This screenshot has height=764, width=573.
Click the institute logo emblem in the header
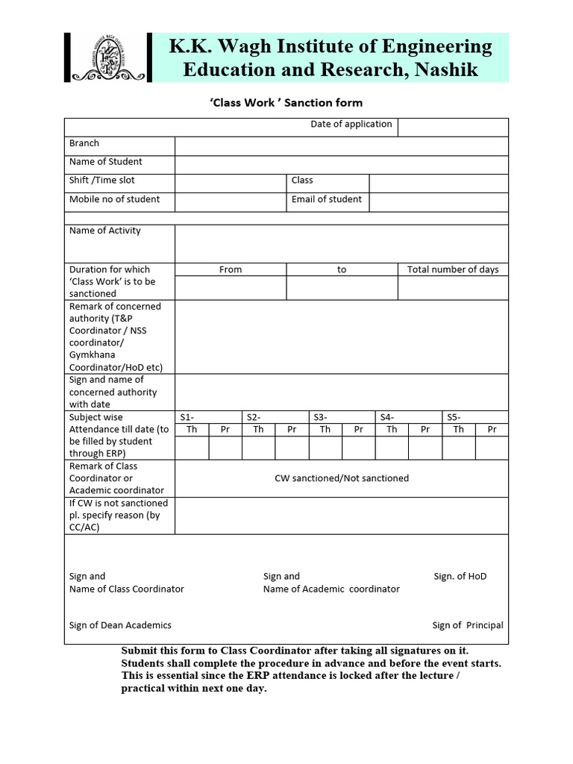(108, 57)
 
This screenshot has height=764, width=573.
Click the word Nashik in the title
(446, 70)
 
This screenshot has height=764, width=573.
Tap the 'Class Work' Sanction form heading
(286, 102)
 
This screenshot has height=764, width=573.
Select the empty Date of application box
(453, 127)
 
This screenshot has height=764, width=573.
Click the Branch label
(84, 143)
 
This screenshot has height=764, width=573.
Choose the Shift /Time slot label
(102, 181)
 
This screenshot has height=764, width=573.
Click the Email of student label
(327, 199)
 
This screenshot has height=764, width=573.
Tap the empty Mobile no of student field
(231, 201)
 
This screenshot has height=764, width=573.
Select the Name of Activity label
(105, 231)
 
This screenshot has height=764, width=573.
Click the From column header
(231, 269)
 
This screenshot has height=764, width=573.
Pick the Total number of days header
(453, 269)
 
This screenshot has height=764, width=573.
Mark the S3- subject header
(321, 417)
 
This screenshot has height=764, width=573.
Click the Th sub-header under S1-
(192, 429)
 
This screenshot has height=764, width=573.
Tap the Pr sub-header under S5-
(492, 429)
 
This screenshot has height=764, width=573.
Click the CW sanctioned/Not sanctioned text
(342, 478)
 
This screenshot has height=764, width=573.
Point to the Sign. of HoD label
(460, 576)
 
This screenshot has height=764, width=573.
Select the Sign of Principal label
(468, 625)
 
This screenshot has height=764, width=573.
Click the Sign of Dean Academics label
(120, 625)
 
